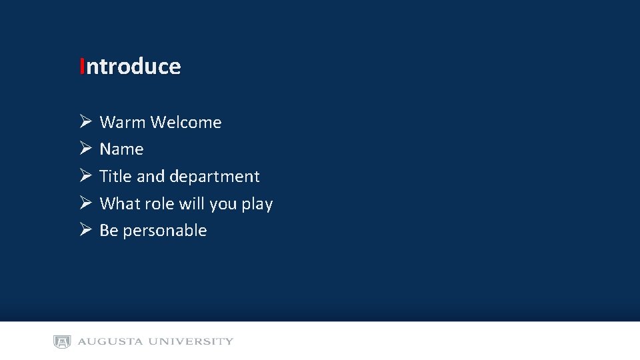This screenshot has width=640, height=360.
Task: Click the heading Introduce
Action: click(x=130, y=67)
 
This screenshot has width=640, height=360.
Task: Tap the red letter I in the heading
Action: click(x=81, y=67)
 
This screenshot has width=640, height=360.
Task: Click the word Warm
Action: click(x=123, y=122)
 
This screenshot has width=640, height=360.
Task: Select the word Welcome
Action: click(x=186, y=122)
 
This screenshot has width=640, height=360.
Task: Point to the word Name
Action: click(x=121, y=149)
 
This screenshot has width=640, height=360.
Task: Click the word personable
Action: click(x=165, y=231)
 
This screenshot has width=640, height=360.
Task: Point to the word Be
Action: click(x=109, y=231)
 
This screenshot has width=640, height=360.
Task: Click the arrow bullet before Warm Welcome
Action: click(x=85, y=121)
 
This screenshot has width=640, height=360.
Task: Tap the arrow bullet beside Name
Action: click(x=85, y=149)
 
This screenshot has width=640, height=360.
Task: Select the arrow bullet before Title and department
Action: click(x=85, y=176)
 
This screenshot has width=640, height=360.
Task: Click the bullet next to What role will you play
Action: click(x=85, y=203)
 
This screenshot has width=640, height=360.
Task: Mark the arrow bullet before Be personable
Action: click(x=85, y=230)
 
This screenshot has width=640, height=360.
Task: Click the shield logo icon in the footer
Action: click(x=62, y=342)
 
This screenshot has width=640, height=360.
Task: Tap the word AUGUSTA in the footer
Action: click(x=110, y=342)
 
